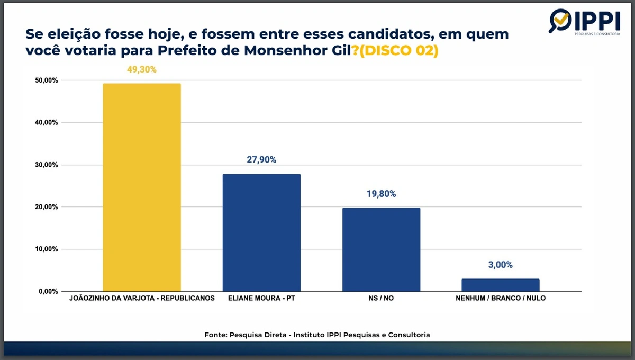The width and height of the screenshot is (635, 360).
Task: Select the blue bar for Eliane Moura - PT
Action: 261,232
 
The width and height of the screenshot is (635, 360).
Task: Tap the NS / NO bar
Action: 381,249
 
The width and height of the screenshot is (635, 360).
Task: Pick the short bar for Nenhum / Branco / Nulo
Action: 501,285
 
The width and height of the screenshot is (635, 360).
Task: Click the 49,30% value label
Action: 142,69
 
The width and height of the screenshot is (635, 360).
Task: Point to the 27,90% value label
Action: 261,160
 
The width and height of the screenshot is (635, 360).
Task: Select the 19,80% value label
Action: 381,194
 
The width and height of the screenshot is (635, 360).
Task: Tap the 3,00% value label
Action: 501,265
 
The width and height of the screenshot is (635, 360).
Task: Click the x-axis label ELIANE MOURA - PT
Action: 261,298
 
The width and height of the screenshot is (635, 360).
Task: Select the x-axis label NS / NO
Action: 381,298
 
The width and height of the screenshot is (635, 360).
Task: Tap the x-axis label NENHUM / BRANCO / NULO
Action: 501,298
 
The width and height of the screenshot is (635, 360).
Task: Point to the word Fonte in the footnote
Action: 216,335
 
